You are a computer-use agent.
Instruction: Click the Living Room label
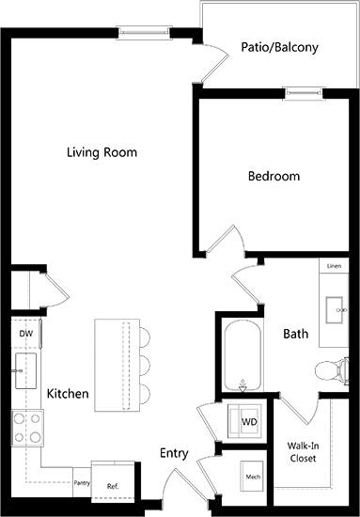click(102, 152)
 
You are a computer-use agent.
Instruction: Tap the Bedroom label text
click(274, 176)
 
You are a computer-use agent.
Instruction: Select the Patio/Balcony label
click(279, 48)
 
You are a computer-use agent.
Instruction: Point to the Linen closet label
click(334, 266)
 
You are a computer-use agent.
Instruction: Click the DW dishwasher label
click(26, 334)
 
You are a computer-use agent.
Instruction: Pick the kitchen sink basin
click(25, 370)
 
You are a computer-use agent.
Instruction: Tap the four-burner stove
click(27, 428)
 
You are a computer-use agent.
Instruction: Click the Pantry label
click(82, 483)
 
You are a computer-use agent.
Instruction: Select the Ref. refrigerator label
click(113, 486)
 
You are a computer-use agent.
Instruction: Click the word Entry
click(174, 453)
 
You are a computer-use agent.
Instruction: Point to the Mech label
click(253, 477)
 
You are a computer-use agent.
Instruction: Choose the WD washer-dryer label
click(249, 422)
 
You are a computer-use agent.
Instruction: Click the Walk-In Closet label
click(303, 452)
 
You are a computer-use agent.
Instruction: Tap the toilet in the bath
click(331, 371)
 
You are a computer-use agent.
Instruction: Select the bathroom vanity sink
click(336, 310)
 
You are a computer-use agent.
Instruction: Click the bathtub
click(243, 355)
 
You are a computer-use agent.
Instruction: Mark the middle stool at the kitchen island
click(145, 366)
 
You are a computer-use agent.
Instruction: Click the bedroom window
click(305, 94)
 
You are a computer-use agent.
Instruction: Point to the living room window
click(144, 33)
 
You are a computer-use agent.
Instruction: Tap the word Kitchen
click(68, 394)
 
